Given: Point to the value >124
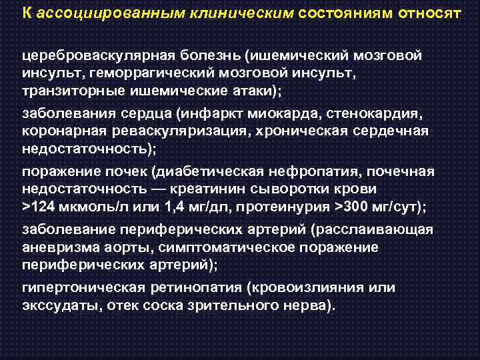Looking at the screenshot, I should point(38,207).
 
